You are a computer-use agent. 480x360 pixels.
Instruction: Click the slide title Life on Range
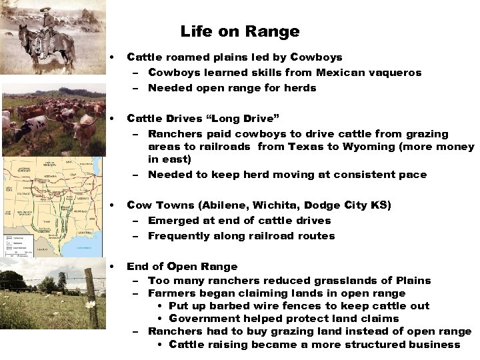pos(239,31)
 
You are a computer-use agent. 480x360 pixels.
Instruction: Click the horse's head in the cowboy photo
pos(25,35)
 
